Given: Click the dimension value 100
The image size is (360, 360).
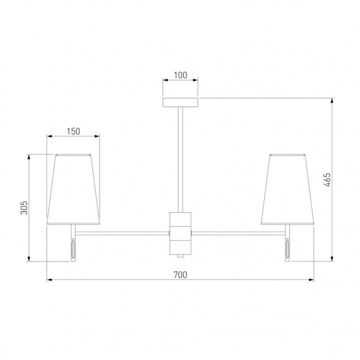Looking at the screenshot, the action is click(180, 75).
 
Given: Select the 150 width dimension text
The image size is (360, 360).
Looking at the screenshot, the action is click(73, 131).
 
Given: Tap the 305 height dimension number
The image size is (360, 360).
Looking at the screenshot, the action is click(24, 208).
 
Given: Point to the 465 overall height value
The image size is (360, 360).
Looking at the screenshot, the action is click(328, 180).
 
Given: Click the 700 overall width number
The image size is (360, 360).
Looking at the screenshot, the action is click(180, 275).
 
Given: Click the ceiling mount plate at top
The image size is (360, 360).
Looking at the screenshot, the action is click(180, 103).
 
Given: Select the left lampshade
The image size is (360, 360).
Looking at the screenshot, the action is click(73, 189).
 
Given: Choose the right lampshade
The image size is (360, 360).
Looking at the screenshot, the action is click(287, 189).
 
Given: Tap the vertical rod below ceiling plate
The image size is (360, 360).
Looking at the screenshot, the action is click(180, 160).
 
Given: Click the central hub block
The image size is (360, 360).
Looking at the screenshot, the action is click(180, 233).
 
